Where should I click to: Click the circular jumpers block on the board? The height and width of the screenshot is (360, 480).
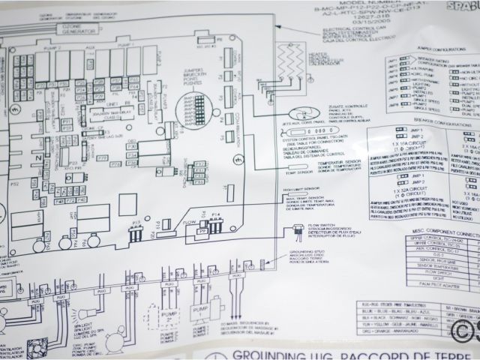click(x=194, y=107)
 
